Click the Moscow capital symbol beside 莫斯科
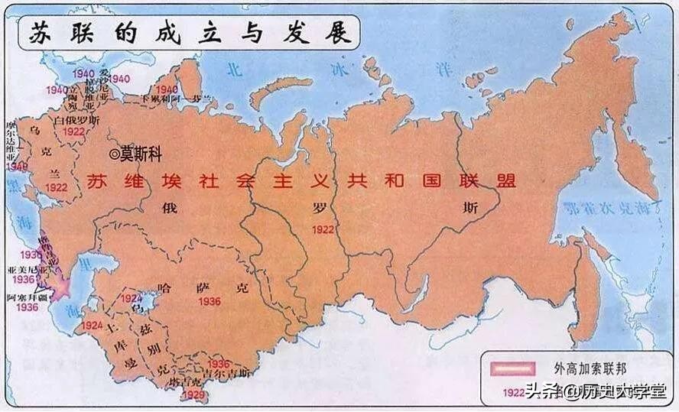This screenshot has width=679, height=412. click(115, 154)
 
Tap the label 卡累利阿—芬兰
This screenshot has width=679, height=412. click(176, 100)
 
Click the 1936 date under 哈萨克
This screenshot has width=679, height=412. click(210, 302)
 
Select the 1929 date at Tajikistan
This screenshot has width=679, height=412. click(193, 394)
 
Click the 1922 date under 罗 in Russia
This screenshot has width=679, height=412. click(323, 229)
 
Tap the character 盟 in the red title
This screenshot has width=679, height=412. click(504, 181)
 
